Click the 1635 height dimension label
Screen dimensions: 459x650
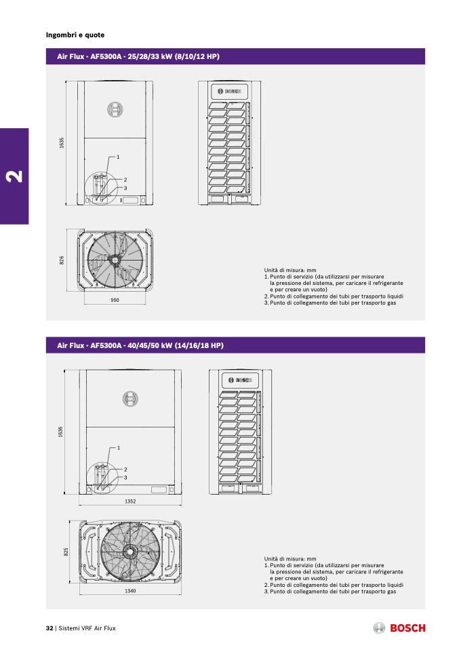[x=62, y=142]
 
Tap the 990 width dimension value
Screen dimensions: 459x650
[x=115, y=300]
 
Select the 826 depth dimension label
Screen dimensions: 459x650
[x=62, y=261]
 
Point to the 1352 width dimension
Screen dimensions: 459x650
[x=130, y=501]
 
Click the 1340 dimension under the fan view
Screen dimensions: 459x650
[x=130, y=591]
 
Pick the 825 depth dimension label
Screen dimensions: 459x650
[x=66, y=552]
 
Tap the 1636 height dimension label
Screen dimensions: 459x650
[x=60, y=432]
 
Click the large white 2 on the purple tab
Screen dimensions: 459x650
[x=14, y=176]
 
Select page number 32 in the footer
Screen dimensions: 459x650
[x=49, y=628]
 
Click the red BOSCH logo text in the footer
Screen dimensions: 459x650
[x=407, y=628]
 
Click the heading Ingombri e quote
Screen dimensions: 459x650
[x=75, y=35]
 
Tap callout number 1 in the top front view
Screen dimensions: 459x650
[x=118, y=157]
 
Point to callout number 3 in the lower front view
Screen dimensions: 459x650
[x=125, y=478]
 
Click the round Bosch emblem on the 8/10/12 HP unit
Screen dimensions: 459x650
[x=115, y=109]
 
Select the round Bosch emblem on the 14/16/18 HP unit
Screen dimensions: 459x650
[x=130, y=399]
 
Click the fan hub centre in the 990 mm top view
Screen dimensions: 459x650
[x=113, y=260]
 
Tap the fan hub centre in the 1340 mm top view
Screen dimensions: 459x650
[x=130, y=551]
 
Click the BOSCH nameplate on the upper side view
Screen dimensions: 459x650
[x=229, y=91]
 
